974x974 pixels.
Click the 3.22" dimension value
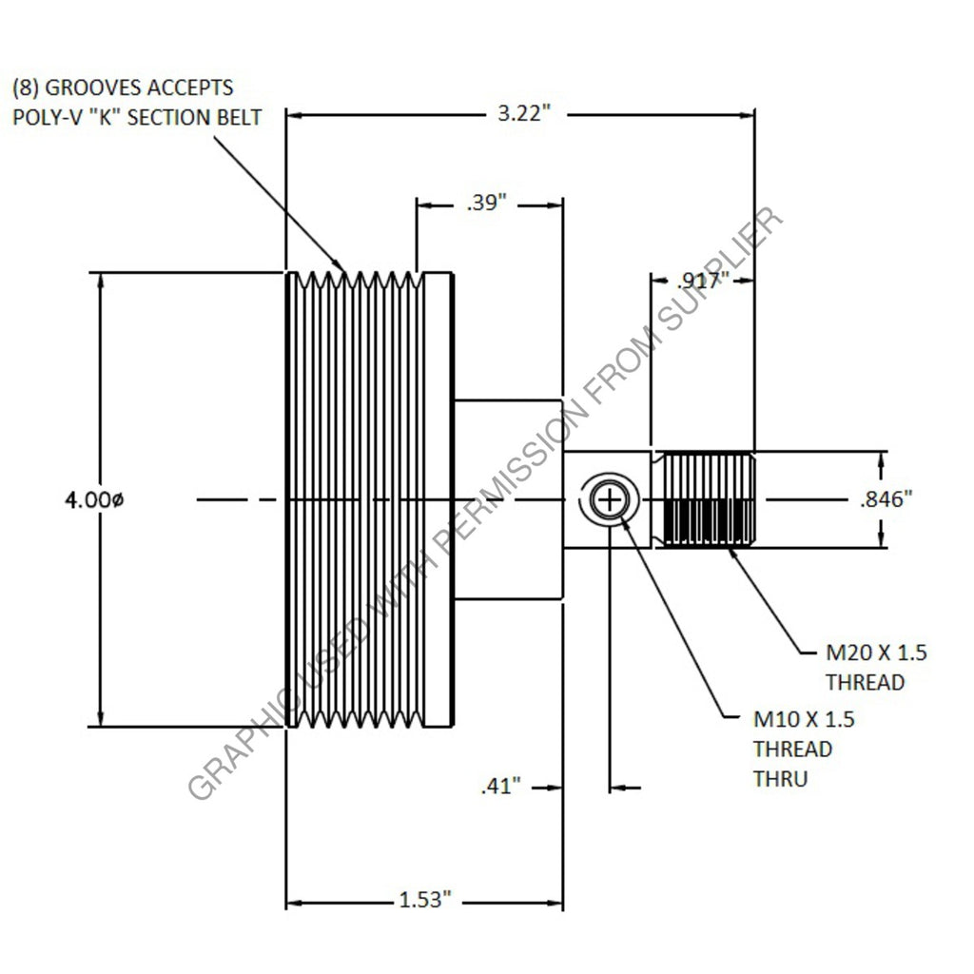click(523, 114)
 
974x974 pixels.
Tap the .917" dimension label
click(703, 281)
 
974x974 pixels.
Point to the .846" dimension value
click(886, 500)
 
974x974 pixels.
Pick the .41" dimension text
click(502, 787)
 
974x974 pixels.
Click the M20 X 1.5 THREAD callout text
click(875, 667)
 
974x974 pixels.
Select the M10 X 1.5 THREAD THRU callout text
click(803, 749)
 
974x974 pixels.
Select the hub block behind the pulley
click(508, 499)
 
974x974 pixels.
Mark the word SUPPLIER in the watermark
click(722, 276)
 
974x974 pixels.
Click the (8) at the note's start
click(25, 88)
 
